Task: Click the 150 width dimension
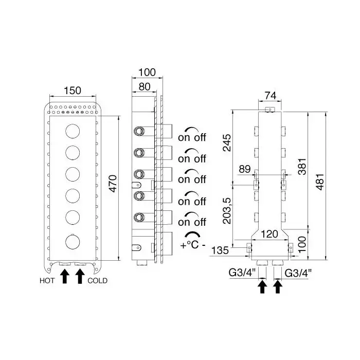coord(73,91)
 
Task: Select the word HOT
coord(48,281)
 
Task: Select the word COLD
coord(98,281)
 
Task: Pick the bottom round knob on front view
coord(73,241)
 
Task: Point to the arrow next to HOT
coord(65,277)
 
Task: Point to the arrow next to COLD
coord(80,277)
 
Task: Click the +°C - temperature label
coord(192,245)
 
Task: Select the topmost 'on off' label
coord(192,137)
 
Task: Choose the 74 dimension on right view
coord(270,95)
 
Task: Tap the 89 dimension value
coord(245,169)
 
